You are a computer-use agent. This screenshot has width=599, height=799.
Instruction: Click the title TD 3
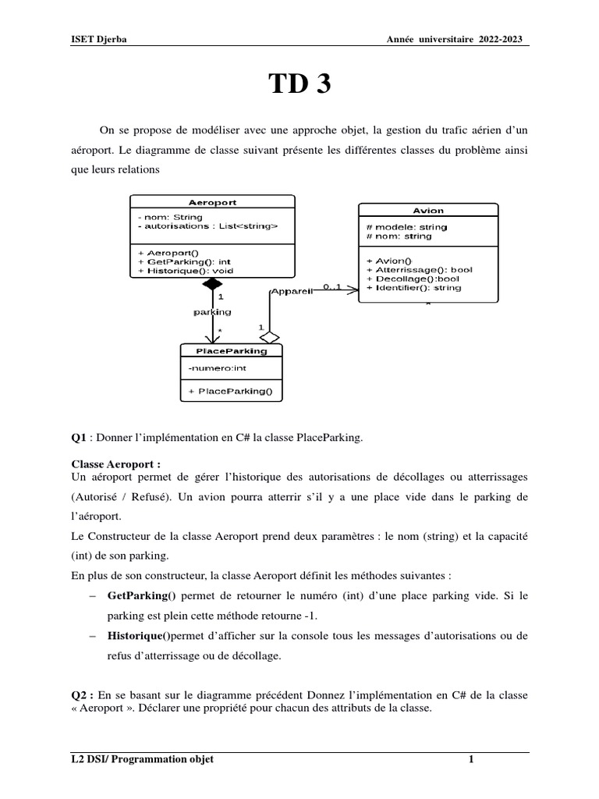point(300,84)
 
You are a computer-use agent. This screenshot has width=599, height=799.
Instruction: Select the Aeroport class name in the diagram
point(213,202)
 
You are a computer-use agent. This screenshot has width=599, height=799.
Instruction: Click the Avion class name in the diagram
point(428,211)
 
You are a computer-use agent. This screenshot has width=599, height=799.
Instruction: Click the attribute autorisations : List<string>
point(207,226)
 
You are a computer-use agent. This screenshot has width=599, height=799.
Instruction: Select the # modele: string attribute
point(406,227)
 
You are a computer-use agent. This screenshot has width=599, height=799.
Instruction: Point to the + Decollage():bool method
point(413,279)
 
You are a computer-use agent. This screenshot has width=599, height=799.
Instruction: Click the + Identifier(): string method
point(413,288)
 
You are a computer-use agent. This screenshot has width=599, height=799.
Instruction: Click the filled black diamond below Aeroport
point(211,285)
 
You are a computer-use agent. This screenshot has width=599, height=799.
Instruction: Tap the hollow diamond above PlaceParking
point(269,336)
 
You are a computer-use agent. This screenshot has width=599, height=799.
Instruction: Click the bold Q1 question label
point(78,439)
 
